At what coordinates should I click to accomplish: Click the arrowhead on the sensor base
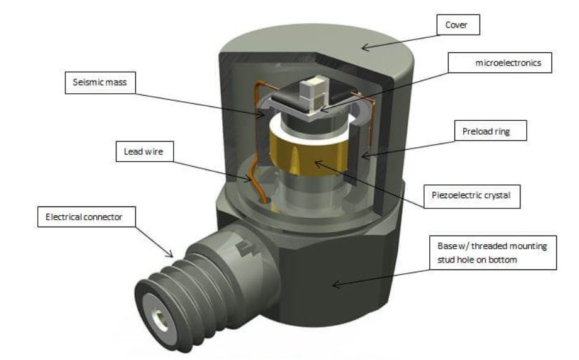[x=335, y=285]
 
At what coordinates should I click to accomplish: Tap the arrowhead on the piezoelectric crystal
[x=316, y=163]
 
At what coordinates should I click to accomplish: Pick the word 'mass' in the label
[x=116, y=82]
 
